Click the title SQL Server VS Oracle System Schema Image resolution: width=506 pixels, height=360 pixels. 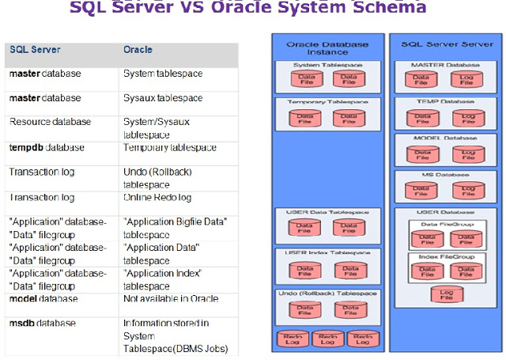(x=248, y=8)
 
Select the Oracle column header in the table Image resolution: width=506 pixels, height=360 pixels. (x=138, y=49)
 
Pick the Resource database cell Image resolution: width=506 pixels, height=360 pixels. (x=50, y=122)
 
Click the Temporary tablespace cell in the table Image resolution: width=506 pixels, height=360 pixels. (x=164, y=147)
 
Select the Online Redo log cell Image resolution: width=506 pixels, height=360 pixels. (x=156, y=197)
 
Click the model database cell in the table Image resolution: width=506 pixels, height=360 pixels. (x=43, y=299)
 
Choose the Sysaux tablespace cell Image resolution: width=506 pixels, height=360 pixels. (x=163, y=98)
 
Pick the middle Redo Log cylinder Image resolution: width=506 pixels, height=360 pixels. (x=326, y=339)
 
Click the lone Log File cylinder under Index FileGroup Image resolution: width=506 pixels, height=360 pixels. (x=443, y=295)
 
